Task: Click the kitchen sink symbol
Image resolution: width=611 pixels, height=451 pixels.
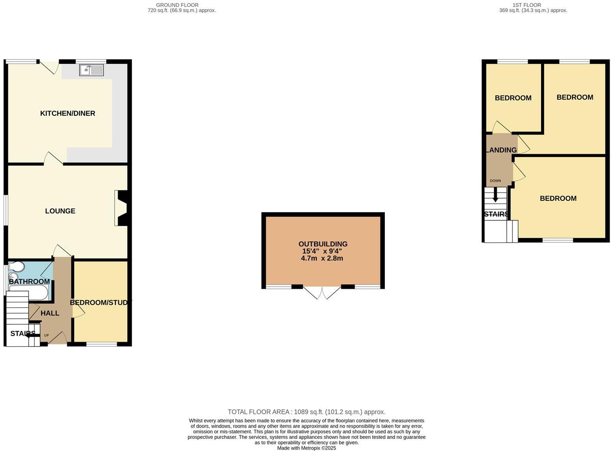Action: click(91, 70)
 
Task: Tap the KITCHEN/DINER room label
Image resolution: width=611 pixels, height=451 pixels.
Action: click(68, 113)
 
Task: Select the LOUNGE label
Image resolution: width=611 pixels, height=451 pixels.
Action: click(60, 211)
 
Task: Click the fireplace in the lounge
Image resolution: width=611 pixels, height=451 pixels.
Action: click(121, 208)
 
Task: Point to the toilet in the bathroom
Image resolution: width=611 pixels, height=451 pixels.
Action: click(14, 266)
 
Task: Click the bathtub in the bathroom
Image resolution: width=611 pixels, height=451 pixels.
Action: click(29, 293)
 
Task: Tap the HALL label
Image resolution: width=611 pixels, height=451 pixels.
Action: click(50, 313)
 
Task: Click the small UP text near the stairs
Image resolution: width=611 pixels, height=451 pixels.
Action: click(46, 335)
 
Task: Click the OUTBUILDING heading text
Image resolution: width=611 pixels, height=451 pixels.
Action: click(323, 244)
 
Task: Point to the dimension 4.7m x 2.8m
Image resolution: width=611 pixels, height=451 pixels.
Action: click(322, 258)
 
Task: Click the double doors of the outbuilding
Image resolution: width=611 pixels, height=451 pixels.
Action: click(322, 293)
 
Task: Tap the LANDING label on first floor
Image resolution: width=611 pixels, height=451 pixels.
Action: click(502, 150)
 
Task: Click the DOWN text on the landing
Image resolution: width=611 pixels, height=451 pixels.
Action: click(495, 181)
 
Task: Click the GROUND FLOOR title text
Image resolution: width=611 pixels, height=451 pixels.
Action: click(177, 5)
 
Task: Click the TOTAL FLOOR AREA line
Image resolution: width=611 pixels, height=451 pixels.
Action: click(306, 412)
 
